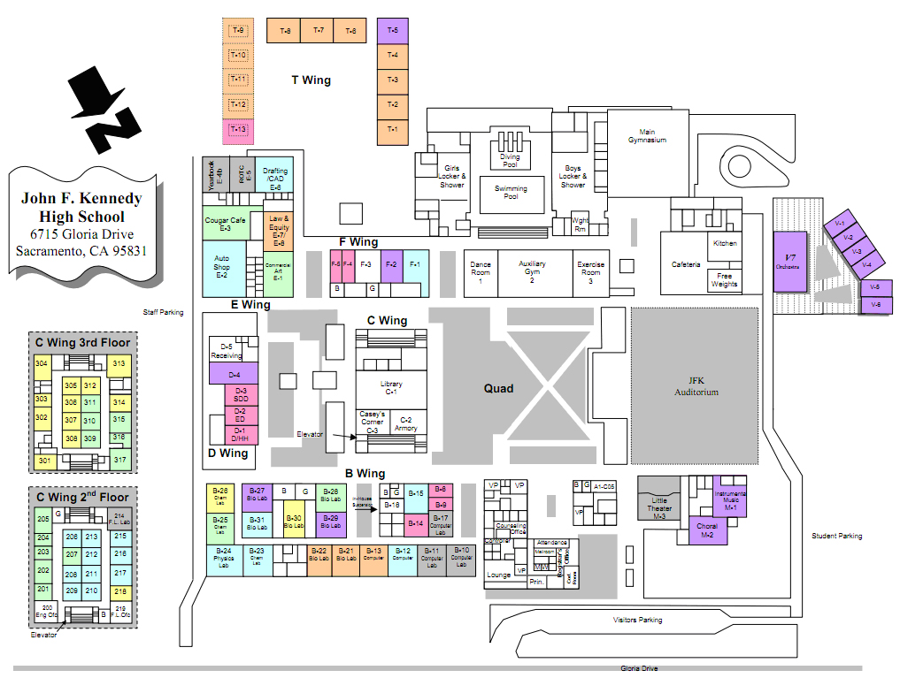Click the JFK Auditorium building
point(695,385)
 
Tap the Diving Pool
point(511,159)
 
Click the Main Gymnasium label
point(647,136)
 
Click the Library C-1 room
point(391,388)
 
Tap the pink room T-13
point(237,130)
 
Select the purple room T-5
point(393,31)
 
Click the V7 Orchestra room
point(789,261)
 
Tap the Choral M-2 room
point(707,530)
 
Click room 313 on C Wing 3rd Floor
point(119,364)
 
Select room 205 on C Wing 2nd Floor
point(42,518)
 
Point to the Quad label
point(498,388)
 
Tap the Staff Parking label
point(164,312)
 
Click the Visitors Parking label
point(637,620)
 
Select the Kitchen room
point(725,243)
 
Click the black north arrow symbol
point(107,111)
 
